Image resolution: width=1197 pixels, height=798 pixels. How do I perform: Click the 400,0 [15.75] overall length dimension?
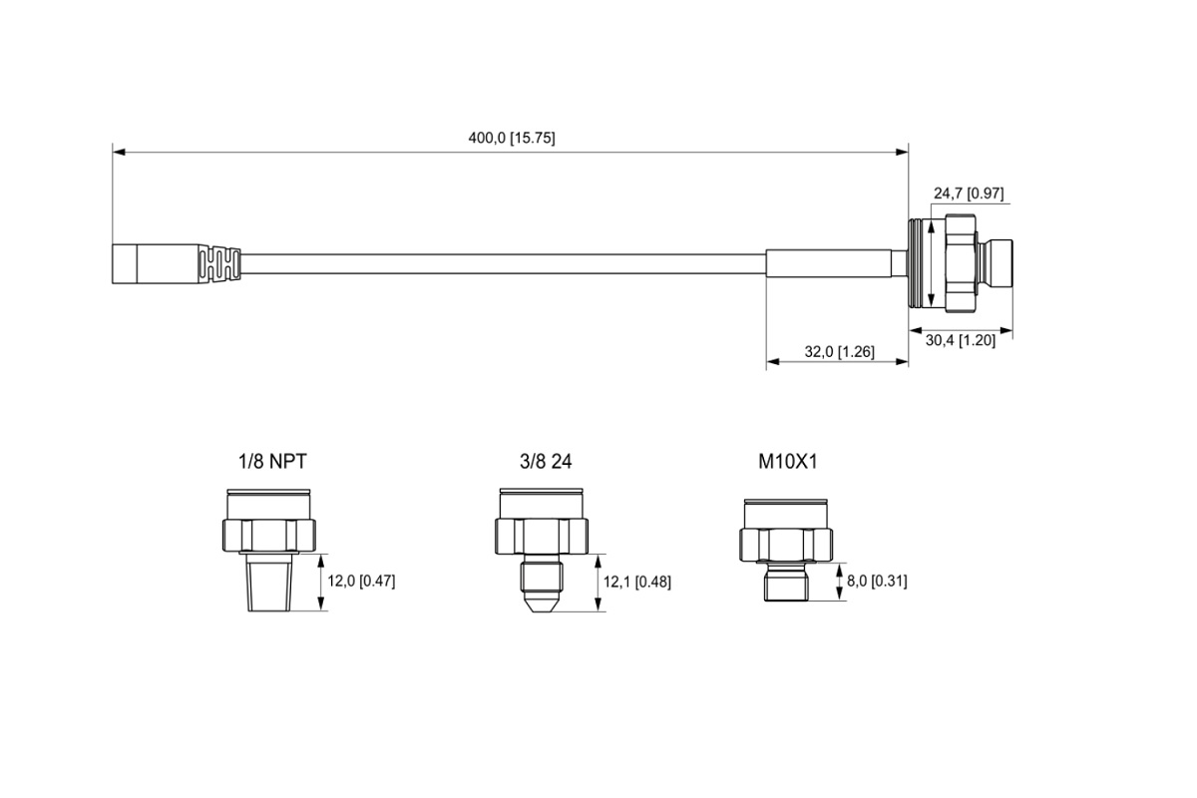pos(512,138)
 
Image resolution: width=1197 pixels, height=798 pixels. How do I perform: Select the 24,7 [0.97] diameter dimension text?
pos(969,193)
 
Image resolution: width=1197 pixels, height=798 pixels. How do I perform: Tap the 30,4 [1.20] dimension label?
pos(961,340)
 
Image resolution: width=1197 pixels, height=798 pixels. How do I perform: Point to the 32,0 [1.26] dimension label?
pos(840,352)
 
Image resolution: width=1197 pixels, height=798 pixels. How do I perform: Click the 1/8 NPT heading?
pos(272,461)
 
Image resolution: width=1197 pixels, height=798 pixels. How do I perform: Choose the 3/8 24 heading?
pos(546,461)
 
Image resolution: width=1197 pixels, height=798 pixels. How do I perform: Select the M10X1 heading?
pos(788,461)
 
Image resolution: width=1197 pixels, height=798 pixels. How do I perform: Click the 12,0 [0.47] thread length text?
pos(361,581)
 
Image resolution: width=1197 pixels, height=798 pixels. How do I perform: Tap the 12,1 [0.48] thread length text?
pos(637,582)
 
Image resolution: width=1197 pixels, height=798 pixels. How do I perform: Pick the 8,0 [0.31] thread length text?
pos(877,581)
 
